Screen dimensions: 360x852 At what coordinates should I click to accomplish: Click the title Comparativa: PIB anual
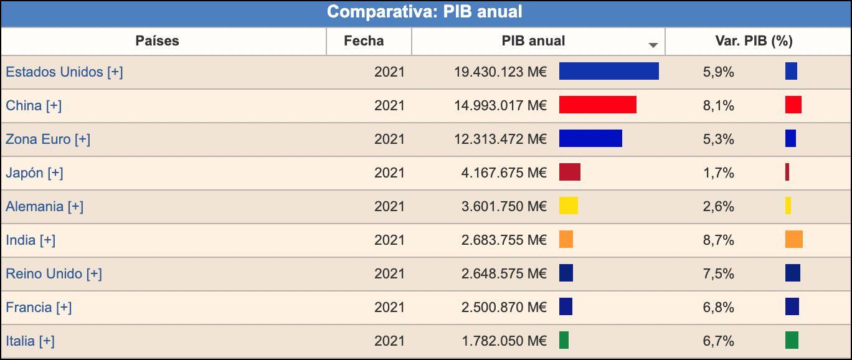[425, 12]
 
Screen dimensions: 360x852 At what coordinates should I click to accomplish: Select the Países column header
[157, 41]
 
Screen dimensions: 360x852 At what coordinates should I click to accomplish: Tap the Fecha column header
[364, 41]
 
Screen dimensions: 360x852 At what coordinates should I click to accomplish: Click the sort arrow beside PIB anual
[653, 45]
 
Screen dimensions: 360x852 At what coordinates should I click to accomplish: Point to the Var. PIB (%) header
[754, 41]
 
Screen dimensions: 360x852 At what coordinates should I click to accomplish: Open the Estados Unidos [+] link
[64, 72]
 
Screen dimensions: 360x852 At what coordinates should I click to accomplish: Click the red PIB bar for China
[597, 105]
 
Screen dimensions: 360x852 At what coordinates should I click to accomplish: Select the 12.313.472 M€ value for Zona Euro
[500, 139]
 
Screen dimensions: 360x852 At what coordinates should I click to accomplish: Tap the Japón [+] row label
[34, 173]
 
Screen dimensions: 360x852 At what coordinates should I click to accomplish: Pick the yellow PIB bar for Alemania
[568, 206]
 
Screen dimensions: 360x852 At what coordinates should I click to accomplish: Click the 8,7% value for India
[718, 240]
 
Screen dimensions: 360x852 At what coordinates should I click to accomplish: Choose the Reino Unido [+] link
[54, 273]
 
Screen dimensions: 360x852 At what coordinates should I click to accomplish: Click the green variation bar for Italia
[792, 340]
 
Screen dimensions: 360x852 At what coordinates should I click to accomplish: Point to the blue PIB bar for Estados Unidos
[608, 71]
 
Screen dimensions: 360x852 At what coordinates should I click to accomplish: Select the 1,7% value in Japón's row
[718, 173]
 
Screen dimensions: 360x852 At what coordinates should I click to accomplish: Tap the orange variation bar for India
[793, 239]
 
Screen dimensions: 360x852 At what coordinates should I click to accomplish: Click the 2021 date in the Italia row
[389, 341]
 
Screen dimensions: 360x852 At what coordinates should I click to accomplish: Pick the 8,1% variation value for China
[718, 105]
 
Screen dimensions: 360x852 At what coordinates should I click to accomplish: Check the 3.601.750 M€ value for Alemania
[504, 206]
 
